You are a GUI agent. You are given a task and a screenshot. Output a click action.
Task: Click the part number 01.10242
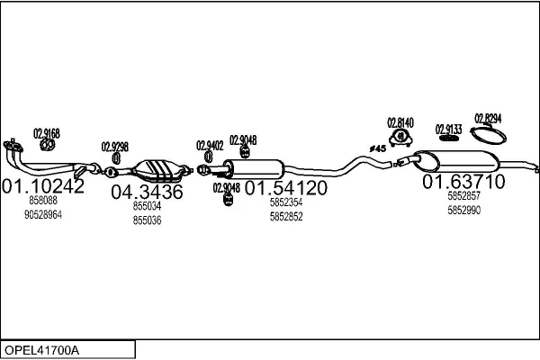(x=43, y=186)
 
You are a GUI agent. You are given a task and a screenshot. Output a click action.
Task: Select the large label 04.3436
(x=147, y=192)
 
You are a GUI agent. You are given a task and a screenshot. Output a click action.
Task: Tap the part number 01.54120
(x=286, y=188)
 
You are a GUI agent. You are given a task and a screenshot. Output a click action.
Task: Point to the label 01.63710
(x=463, y=182)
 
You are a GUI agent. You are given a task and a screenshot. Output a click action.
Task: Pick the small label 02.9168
(x=47, y=133)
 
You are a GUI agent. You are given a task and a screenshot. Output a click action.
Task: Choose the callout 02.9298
(x=114, y=147)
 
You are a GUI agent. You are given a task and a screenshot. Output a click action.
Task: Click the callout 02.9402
(x=210, y=144)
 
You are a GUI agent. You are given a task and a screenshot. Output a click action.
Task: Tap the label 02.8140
(x=400, y=122)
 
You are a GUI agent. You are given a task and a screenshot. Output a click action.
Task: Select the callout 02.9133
(x=448, y=129)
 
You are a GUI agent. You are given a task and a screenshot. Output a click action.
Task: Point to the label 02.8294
(x=489, y=118)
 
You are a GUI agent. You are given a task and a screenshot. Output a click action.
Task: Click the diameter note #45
(x=377, y=148)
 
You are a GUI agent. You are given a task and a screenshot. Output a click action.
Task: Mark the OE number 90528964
(x=43, y=214)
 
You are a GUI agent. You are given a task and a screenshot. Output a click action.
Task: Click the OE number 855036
(x=147, y=220)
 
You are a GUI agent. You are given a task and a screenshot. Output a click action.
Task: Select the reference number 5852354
(x=286, y=203)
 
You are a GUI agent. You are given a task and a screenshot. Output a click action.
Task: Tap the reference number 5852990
(x=463, y=210)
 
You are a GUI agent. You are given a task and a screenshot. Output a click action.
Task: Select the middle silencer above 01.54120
(x=256, y=168)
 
